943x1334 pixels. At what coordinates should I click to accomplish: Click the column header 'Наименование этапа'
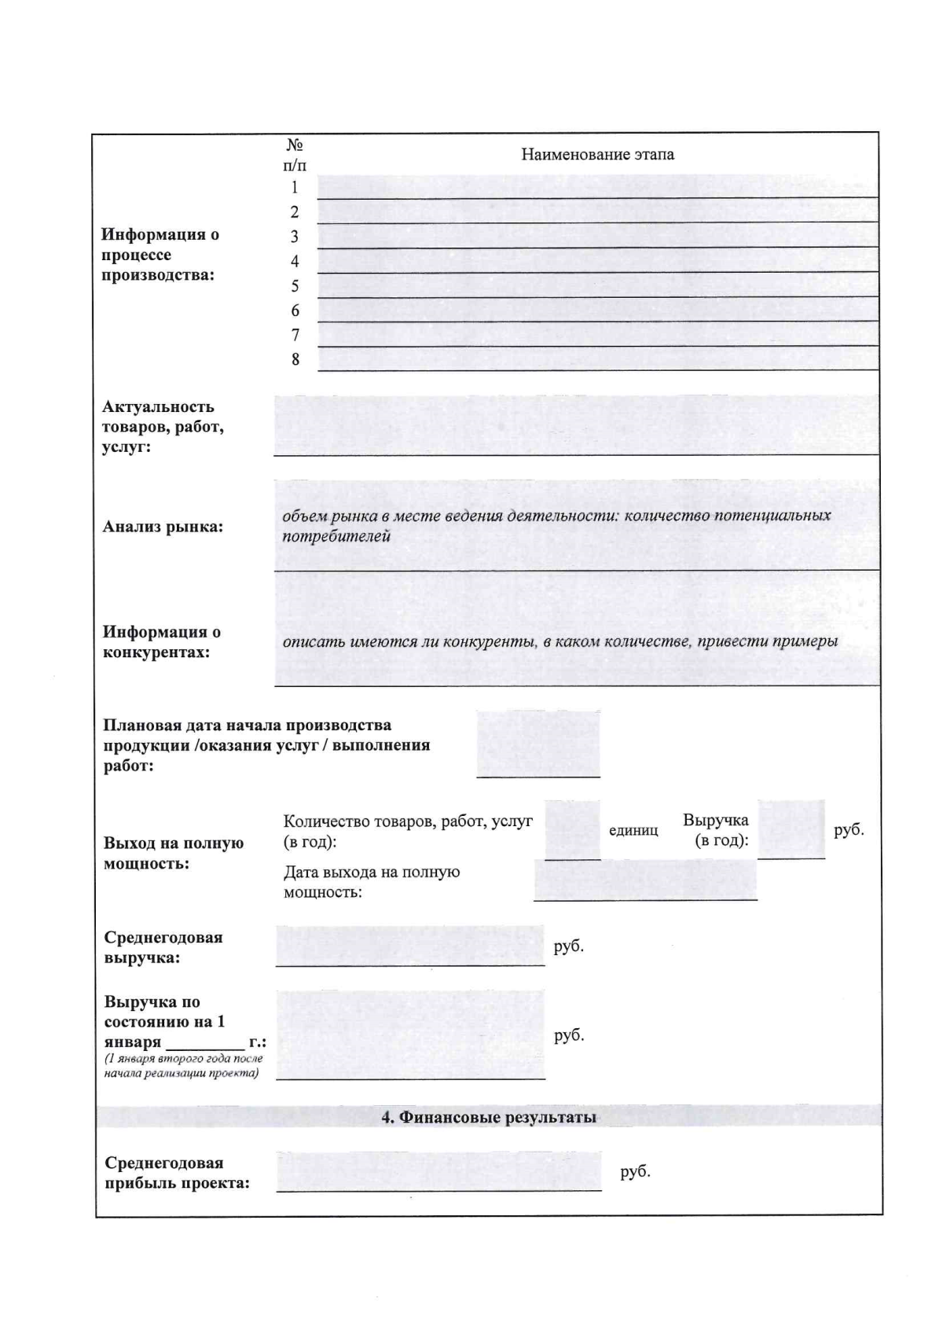(x=597, y=154)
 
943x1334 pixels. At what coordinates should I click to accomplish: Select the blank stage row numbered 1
(x=597, y=186)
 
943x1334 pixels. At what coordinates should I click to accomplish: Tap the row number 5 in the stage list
(x=295, y=286)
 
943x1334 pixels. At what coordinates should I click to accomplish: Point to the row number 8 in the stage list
(x=295, y=360)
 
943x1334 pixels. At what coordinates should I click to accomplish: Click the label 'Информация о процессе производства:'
(x=160, y=255)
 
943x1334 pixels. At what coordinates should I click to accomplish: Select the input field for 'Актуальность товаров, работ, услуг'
(x=576, y=425)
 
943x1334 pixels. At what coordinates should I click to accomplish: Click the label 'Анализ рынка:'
(x=163, y=527)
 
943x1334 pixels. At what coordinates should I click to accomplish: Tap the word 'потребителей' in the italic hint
(x=336, y=537)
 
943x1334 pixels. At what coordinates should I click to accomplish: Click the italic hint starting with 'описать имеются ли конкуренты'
(x=560, y=641)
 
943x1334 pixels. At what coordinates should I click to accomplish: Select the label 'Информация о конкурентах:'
(x=162, y=642)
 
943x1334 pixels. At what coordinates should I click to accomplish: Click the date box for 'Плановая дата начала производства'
(x=538, y=744)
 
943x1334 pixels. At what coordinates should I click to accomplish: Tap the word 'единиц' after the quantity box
(x=633, y=831)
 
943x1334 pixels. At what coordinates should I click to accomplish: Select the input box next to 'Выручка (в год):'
(x=791, y=829)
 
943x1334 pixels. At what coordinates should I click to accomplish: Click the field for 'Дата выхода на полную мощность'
(x=645, y=880)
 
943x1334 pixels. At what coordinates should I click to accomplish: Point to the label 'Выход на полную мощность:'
(x=174, y=853)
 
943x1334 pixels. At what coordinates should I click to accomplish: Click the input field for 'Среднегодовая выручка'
(x=409, y=946)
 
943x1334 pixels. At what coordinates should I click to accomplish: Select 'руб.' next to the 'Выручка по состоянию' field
(x=569, y=1035)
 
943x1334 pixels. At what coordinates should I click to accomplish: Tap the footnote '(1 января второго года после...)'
(x=183, y=1066)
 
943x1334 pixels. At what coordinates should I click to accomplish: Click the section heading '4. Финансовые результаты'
(x=489, y=1117)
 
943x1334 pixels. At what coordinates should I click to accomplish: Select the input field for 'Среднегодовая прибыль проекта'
(x=438, y=1171)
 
